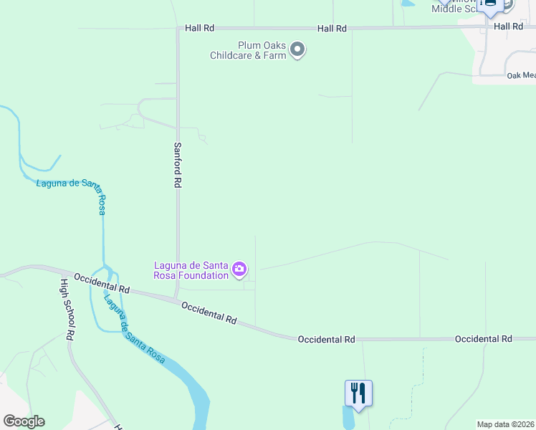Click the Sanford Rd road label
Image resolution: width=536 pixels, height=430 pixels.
click(177, 165)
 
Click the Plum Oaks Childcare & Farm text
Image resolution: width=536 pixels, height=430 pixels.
click(248, 50)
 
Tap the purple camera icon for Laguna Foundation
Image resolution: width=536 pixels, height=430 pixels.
click(239, 270)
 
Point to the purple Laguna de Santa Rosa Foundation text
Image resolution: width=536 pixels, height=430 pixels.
click(191, 270)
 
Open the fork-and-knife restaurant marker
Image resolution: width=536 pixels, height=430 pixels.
click(358, 393)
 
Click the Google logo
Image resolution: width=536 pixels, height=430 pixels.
click(24, 421)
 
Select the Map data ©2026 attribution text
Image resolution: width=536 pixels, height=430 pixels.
click(505, 424)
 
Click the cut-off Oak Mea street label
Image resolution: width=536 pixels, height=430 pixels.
click(521, 75)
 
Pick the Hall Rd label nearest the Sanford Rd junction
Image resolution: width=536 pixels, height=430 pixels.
click(199, 28)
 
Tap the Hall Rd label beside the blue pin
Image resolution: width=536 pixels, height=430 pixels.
click(508, 26)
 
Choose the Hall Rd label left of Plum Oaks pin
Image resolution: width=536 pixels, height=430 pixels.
click(332, 28)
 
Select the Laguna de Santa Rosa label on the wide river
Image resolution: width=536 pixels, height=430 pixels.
click(135, 330)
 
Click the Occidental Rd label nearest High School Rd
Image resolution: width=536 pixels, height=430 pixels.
click(101, 283)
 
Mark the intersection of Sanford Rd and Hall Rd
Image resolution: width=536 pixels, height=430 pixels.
click(178, 29)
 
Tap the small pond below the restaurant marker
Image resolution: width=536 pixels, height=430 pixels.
click(348, 419)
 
